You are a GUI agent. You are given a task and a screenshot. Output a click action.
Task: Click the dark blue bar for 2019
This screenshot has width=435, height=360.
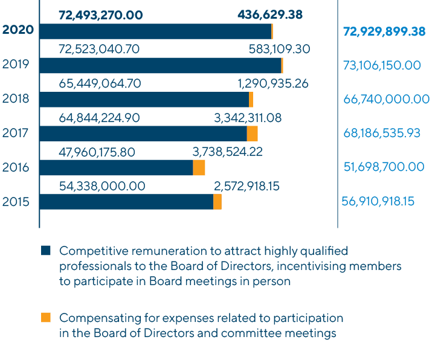point(160,65)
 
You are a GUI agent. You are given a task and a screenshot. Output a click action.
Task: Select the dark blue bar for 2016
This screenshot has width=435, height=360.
point(116,168)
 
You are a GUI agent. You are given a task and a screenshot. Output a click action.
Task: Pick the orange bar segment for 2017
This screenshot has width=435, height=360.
point(253,133)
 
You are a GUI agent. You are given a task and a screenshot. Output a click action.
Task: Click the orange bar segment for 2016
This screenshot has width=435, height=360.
point(199,168)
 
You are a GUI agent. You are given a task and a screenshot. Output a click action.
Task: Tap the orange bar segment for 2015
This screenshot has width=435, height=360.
point(217,202)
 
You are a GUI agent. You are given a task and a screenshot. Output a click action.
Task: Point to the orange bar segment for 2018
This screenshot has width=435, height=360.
point(251,100)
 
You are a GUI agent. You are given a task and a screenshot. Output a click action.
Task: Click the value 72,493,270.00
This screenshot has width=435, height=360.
point(100,14)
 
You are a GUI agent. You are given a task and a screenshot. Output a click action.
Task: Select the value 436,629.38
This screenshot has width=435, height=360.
point(270,14)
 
